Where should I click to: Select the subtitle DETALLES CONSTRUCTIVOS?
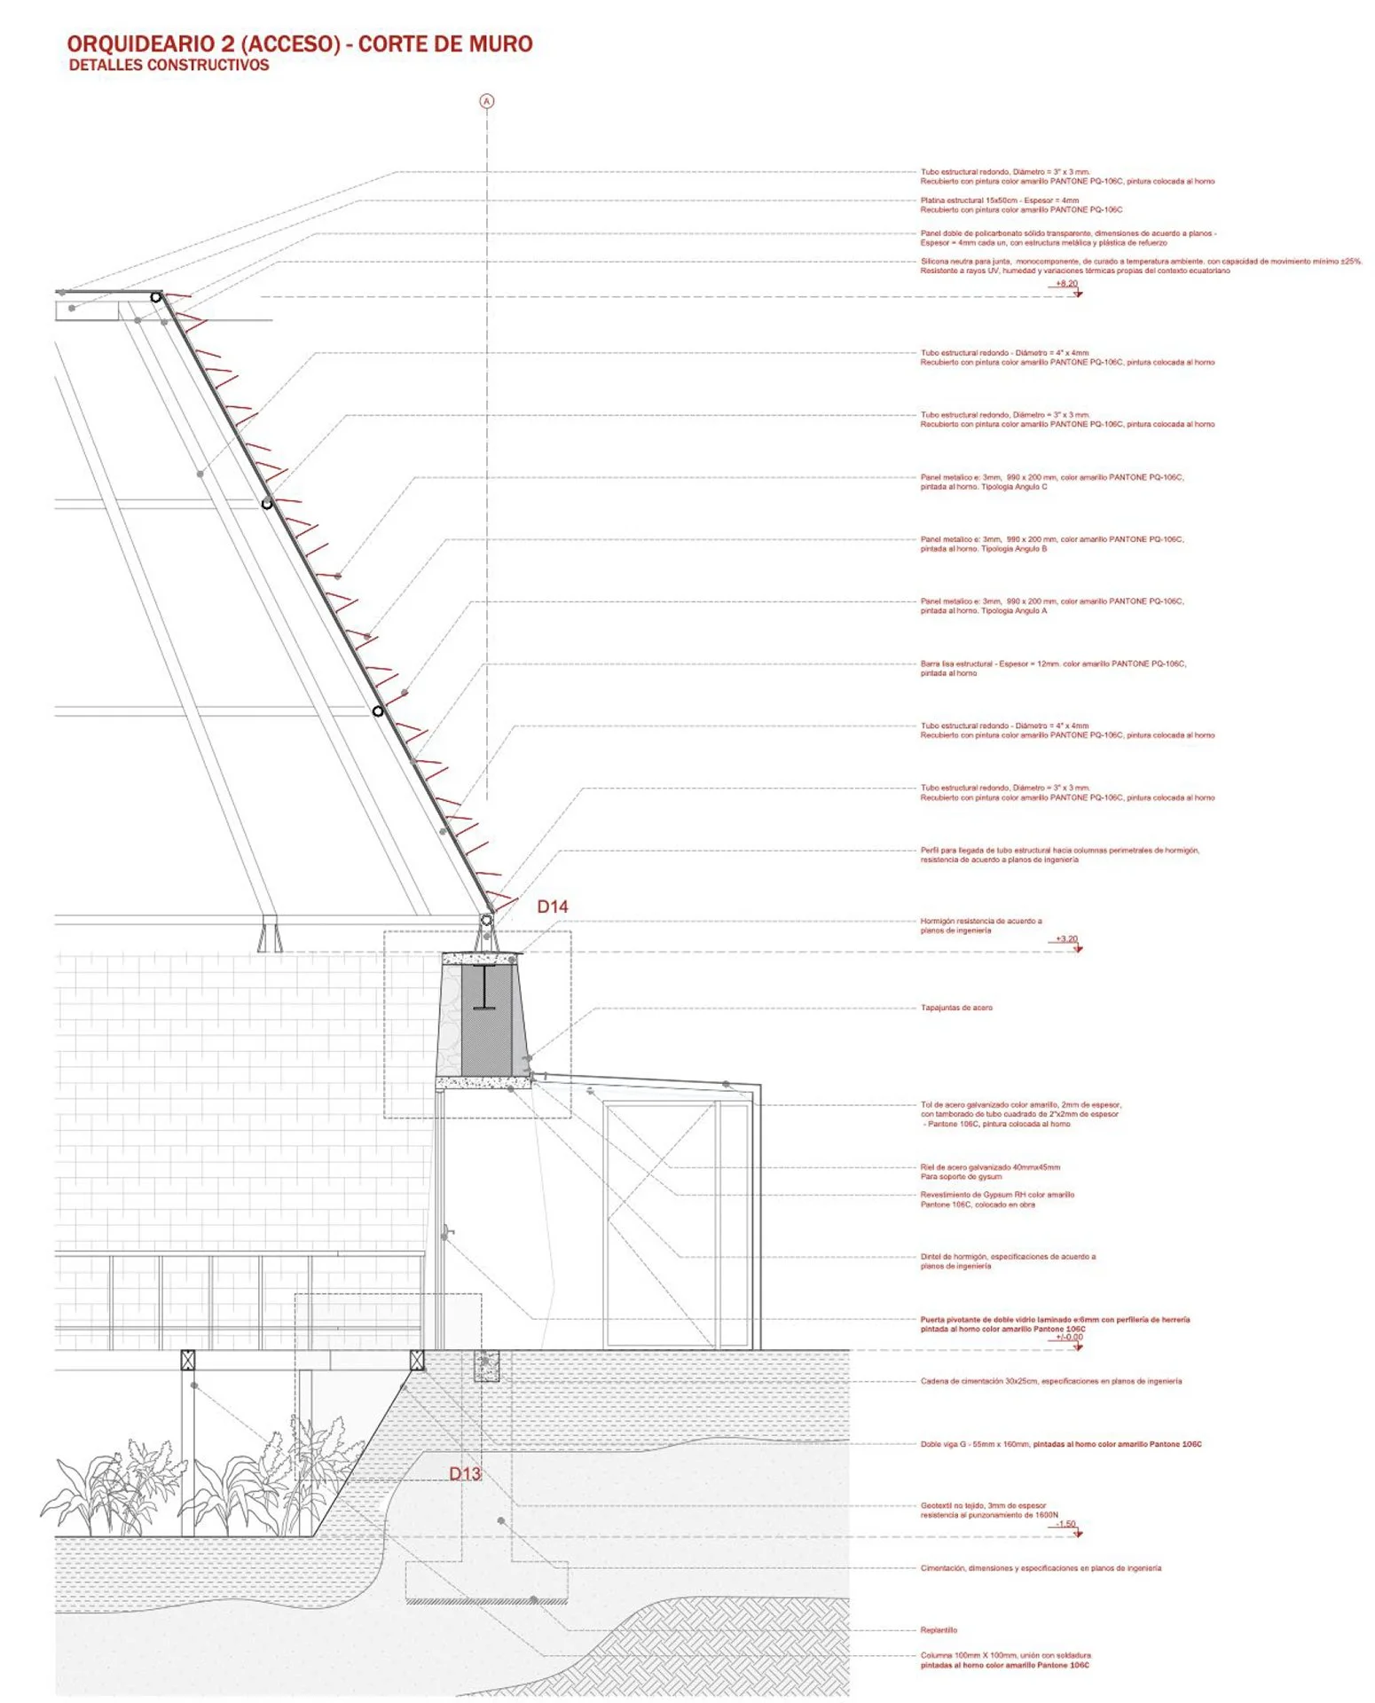[169, 65]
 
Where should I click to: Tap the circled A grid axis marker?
[486, 101]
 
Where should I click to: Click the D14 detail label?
[552, 906]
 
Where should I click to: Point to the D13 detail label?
[465, 1473]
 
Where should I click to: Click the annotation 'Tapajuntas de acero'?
[956, 1008]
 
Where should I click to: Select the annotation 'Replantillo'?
[939, 1630]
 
